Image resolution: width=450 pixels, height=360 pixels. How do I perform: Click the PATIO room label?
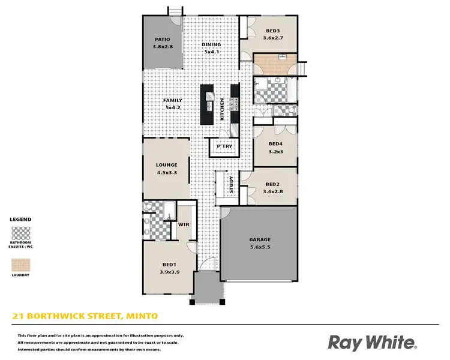(162, 40)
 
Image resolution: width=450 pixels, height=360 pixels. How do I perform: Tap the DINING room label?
(211, 44)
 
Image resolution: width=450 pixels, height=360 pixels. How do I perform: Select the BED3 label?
(272, 31)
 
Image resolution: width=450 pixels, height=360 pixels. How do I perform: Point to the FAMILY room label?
(173, 100)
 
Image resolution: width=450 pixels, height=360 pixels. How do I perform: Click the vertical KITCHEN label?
(222, 109)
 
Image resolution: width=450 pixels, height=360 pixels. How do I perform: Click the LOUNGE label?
(166, 165)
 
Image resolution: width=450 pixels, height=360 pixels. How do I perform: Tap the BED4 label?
(275, 144)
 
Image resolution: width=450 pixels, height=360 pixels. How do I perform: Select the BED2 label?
(272, 184)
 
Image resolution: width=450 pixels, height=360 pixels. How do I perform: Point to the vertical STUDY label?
(231, 185)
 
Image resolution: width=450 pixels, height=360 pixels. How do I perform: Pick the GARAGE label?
(260, 239)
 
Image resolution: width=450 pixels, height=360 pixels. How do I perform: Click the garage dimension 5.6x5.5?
(260, 247)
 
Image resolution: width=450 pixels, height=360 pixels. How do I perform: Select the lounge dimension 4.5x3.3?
(166, 173)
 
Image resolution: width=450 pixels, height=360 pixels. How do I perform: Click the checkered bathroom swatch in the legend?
(21, 233)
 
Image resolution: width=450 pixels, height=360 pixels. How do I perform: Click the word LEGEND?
(21, 220)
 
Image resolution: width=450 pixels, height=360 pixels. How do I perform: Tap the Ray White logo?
(372, 343)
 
